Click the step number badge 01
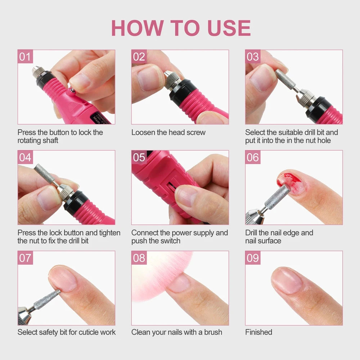click(25, 57)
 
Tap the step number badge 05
click(139, 157)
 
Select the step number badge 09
click(253, 258)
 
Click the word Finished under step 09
click(258, 332)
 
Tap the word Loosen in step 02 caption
click(143, 132)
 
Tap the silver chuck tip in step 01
click(36, 71)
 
